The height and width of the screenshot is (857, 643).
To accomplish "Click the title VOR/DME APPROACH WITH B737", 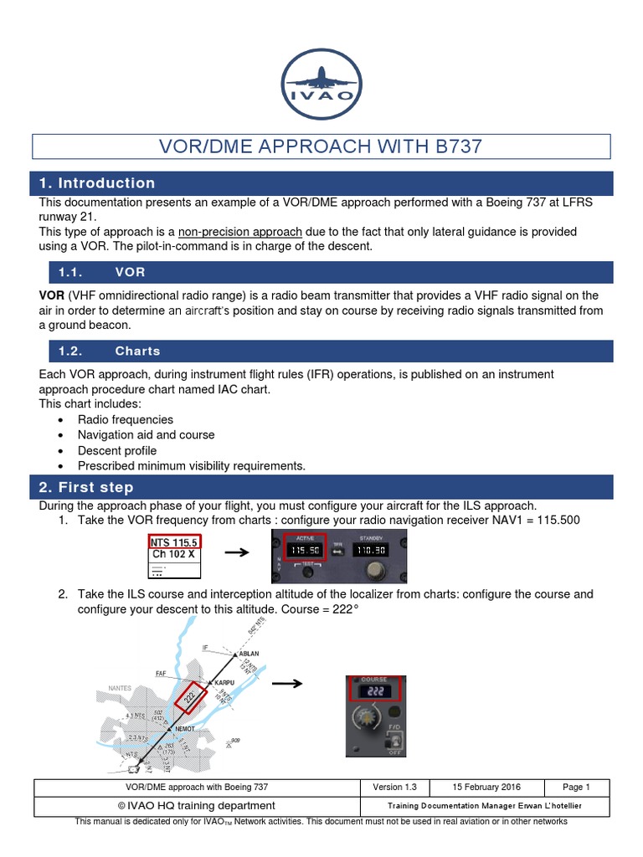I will pyautogui.click(x=321, y=146).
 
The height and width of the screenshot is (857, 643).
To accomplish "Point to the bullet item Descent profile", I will pyautogui.click(x=117, y=450).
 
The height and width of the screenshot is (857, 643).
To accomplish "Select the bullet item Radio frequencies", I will pyautogui.click(x=126, y=419).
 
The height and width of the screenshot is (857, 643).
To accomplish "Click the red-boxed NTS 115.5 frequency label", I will pyautogui.click(x=174, y=542).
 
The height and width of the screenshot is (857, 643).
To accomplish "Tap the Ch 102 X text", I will pyautogui.click(x=172, y=554).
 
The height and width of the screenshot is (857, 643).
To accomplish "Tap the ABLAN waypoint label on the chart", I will pyautogui.click(x=249, y=653).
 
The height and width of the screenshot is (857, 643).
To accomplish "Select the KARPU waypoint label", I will pyautogui.click(x=224, y=682).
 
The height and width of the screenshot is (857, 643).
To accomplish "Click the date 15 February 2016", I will pyautogui.click(x=486, y=787).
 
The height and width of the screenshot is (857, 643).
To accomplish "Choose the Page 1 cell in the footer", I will pyautogui.click(x=577, y=787).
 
